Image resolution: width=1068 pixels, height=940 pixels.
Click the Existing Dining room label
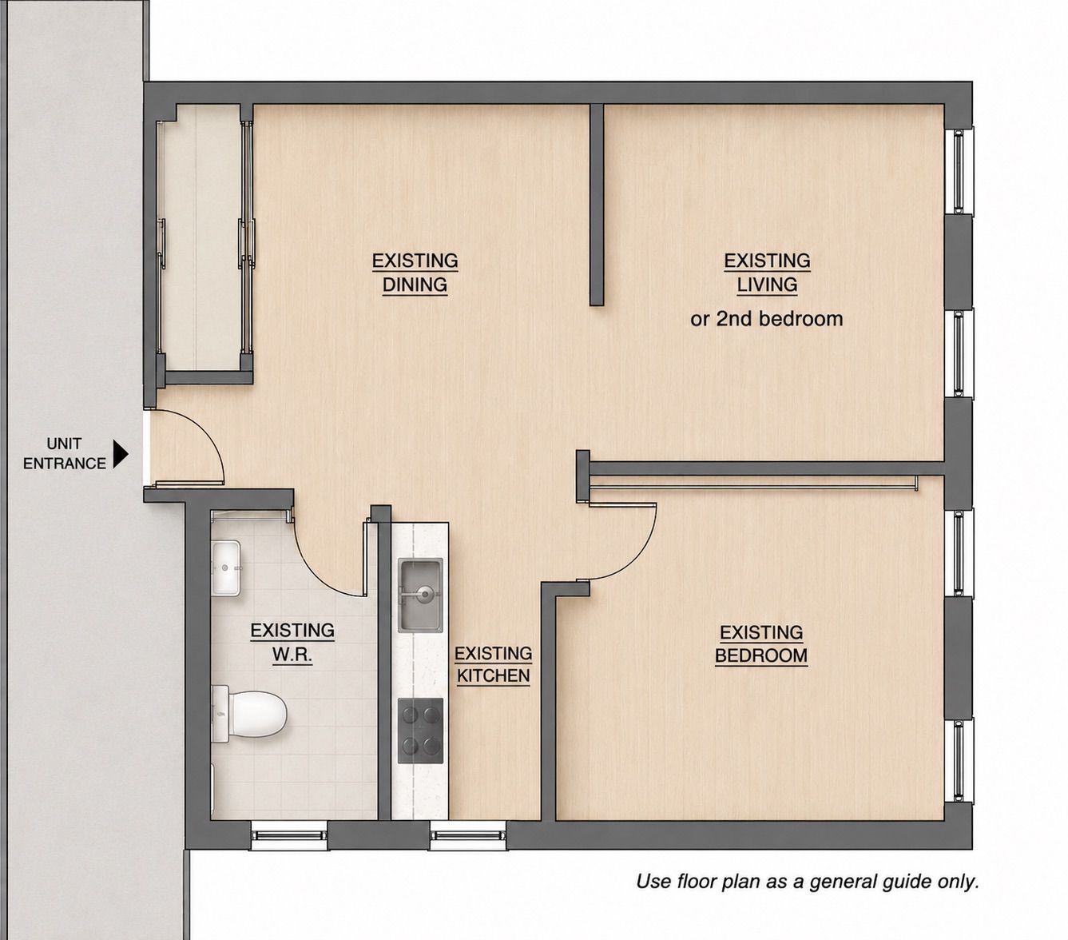coord(415,273)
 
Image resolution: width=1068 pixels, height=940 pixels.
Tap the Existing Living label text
coord(767,273)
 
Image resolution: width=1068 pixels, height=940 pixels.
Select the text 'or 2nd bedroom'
coord(767,319)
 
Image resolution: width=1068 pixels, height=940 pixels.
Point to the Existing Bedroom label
coord(761,644)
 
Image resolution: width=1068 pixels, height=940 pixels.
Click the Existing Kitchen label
coord(494,665)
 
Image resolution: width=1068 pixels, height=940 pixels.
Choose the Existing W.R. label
coord(292,643)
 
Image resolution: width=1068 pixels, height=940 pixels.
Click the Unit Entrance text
coord(65,454)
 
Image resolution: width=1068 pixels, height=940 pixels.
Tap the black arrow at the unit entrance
coord(121,454)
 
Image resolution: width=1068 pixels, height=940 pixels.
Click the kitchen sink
coord(420,595)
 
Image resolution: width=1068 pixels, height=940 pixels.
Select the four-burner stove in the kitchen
coord(420,731)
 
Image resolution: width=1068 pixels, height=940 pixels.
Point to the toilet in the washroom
coord(248,715)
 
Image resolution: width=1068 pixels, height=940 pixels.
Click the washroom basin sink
coord(226,568)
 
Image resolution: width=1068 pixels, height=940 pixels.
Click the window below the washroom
coord(289,836)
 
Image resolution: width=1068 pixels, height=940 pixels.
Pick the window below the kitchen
coord(468,836)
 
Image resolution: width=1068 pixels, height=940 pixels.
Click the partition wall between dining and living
coord(597,205)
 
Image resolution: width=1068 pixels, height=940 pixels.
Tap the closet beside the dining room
coord(204,237)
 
